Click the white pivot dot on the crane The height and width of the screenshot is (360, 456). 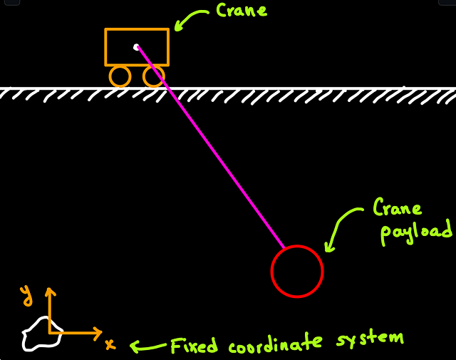(x=136, y=47)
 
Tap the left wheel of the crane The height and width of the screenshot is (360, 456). (x=120, y=76)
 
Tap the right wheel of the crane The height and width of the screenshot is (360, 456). (x=153, y=76)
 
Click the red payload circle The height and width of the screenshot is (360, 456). (x=297, y=271)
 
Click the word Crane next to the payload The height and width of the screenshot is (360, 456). (x=398, y=207)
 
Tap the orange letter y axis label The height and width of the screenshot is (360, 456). (x=26, y=292)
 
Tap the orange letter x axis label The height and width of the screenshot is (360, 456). (x=110, y=344)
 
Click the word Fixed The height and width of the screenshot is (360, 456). (x=195, y=346)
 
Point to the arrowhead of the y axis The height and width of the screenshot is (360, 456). (x=50, y=290)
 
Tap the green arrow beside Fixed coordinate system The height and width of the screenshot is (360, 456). (x=146, y=346)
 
